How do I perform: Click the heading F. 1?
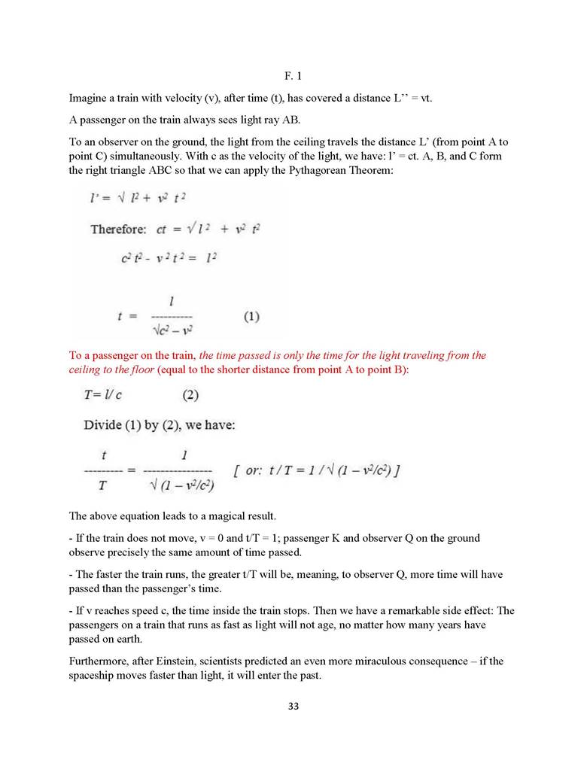point(293,77)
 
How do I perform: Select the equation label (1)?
point(251,317)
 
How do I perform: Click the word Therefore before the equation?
point(117,229)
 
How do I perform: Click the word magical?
point(216,516)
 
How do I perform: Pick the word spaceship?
point(94,676)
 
